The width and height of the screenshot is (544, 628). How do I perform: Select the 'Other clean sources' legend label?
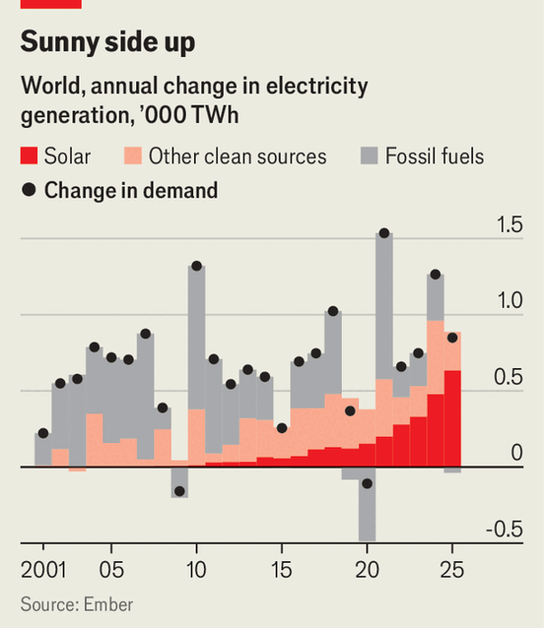coord(237,156)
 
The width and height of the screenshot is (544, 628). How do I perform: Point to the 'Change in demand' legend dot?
coord(30,190)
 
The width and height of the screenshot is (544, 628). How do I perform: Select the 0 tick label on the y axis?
coord(517,453)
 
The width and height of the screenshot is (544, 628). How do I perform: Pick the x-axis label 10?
coord(196,572)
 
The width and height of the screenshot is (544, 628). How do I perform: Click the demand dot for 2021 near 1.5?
coord(384,234)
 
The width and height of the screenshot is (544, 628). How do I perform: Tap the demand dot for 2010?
coord(196,266)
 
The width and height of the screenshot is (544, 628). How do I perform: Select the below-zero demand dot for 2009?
coord(180,491)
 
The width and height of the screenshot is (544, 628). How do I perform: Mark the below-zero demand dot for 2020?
coord(367,484)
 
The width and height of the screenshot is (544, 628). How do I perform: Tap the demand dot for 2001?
coord(43,433)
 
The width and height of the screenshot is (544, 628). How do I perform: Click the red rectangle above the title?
coord(51,4)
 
